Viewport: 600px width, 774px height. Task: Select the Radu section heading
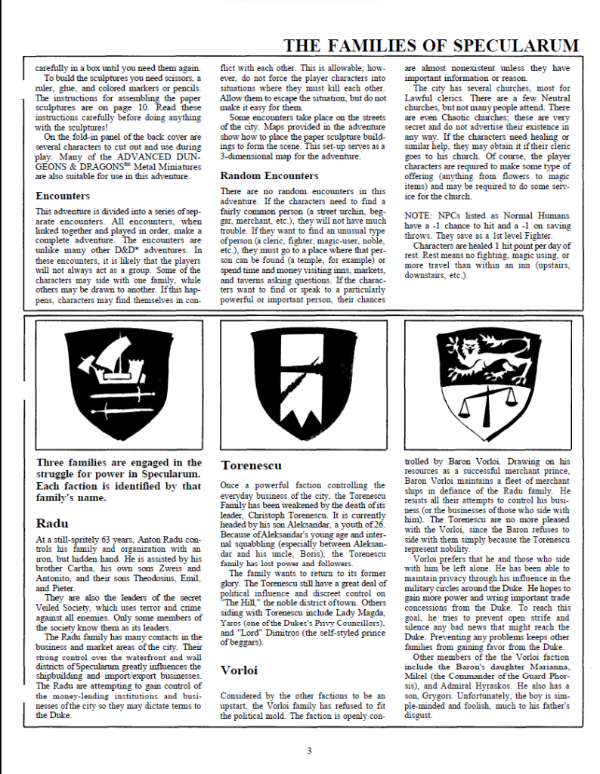[x=51, y=523]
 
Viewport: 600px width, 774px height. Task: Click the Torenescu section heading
[x=252, y=466]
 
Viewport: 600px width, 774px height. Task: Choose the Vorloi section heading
[x=240, y=670]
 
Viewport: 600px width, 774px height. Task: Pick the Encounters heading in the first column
[x=63, y=196]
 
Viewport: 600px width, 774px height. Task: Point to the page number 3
[x=308, y=751]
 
